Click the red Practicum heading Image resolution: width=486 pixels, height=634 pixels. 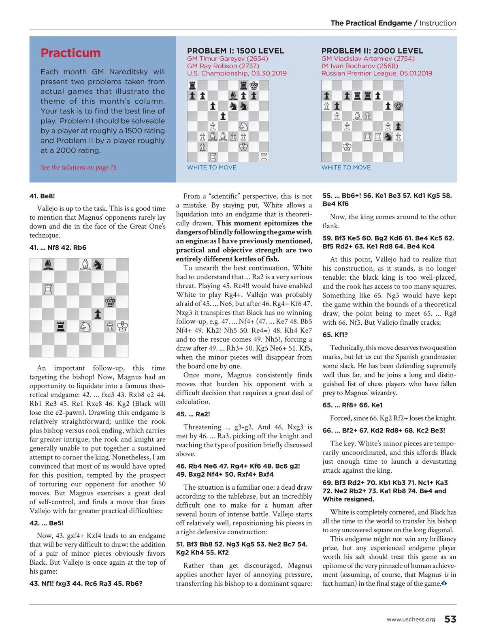pyautogui.click(x=70, y=53)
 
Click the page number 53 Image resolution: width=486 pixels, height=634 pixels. pyautogui.click(x=450, y=619)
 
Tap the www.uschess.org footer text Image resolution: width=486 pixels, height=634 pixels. pyautogui.click(x=411, y=619)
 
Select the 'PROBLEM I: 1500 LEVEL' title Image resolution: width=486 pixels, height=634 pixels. pyautogui.click(x=235, y=51)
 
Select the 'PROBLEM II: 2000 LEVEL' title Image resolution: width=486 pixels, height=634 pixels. pyautogui.click(x=372, y=51)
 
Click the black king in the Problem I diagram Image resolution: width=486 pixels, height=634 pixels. pyautogui.click(x=254, y=86)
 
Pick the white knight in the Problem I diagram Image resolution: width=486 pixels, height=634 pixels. pyautogui.click(x=243, y=126)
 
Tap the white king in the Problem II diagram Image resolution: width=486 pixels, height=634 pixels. pyautogui.click(x=347, y=147)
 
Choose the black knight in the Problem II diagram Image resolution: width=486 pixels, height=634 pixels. pyautogui.click(x=388, y=137)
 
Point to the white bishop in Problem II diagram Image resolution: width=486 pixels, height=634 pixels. pyautogui.click(x=357, y=116)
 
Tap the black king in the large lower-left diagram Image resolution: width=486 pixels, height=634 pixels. pyautogui.click(x=110, y=302)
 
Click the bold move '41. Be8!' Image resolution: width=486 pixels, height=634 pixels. pyautogui.click(x=42, y=196)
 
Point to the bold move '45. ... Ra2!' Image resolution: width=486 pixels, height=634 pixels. pyautogui.click(x=193, y=414)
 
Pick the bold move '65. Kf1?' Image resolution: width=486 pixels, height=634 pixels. pyautogui.click(x=335, y=334)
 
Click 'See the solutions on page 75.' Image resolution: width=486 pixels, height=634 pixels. pyautogui.click(x=79, y=167)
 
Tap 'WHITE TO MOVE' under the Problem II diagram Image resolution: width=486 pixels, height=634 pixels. pyautogui.click(x=346, y=167)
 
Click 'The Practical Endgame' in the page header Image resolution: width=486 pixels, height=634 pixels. pyautogui.click(x=371, y=23)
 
